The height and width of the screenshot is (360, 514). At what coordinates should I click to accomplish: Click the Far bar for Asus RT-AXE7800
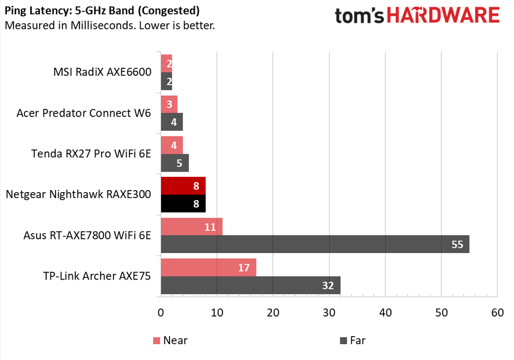click(315, 244)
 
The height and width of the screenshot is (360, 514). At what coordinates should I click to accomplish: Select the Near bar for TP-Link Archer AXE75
click(208, 267)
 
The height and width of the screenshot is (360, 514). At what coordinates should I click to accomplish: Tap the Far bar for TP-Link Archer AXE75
click(250, 285)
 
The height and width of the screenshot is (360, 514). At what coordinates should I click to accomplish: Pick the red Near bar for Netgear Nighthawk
click(183, 186)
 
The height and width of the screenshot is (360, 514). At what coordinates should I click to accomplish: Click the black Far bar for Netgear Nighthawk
click(183, 203)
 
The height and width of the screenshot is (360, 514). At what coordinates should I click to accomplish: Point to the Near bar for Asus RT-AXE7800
click(191, 227)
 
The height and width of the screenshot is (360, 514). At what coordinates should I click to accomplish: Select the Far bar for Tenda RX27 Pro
click(174, 163)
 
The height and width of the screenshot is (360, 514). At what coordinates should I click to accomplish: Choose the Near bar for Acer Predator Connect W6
click(169, 104)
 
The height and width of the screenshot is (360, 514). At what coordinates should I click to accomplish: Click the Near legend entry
click(170, 340)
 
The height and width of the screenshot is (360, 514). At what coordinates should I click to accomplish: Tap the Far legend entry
click(352, 340)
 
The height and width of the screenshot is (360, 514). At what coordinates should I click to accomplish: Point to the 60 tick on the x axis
click(497, 313)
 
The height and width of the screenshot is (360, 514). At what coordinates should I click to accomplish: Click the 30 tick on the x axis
click(329, 313)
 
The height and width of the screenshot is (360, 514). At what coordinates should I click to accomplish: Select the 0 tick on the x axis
click(161, 313)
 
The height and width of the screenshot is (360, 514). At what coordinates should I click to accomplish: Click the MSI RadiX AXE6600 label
click(102, 72)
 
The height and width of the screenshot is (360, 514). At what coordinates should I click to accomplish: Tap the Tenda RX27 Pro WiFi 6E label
click(91, 154)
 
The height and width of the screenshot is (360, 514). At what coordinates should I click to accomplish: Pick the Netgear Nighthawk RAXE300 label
click(78, 194)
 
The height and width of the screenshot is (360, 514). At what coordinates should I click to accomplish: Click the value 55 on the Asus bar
click(456, 244)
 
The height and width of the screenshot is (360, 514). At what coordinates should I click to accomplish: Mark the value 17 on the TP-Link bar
click(243, 267)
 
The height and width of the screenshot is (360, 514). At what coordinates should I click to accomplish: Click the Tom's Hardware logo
click(417, 15)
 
